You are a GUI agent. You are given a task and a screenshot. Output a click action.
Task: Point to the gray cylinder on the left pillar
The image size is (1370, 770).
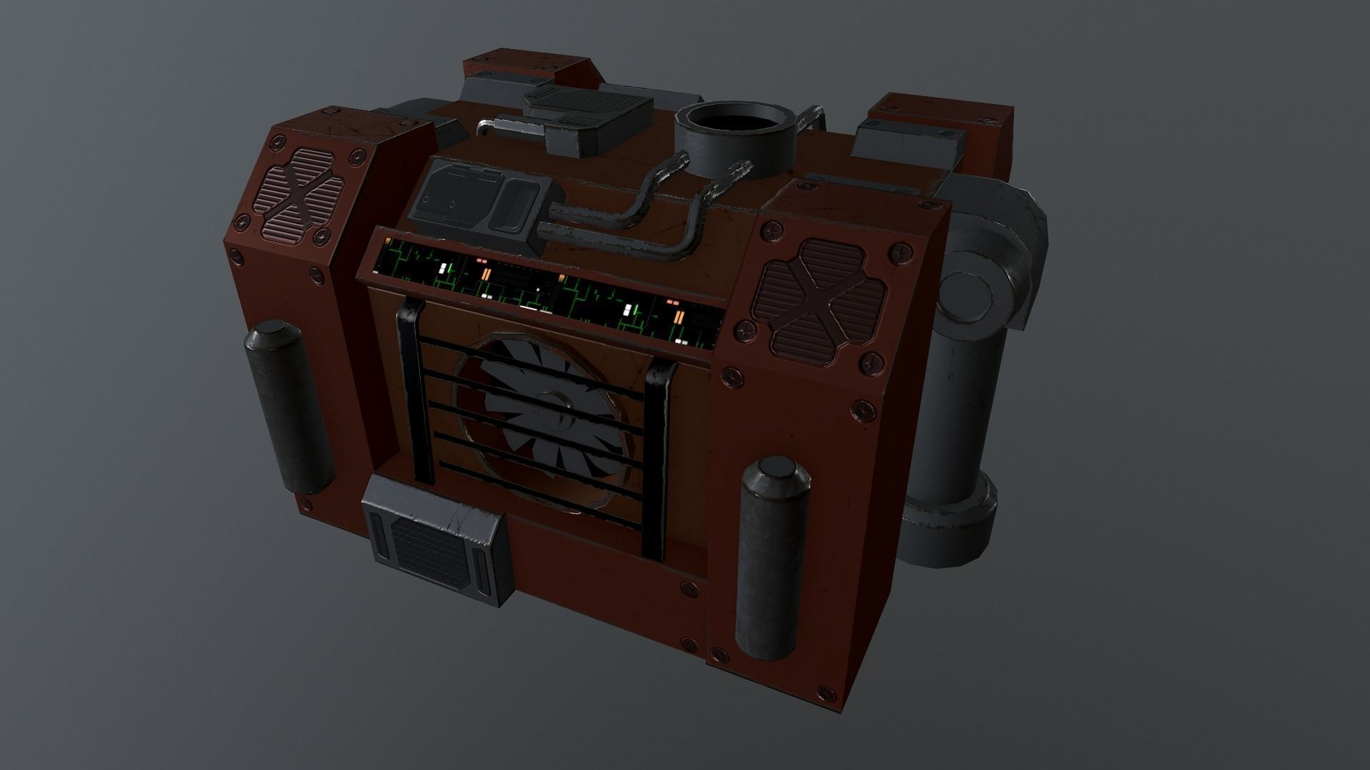click(290, 407)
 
